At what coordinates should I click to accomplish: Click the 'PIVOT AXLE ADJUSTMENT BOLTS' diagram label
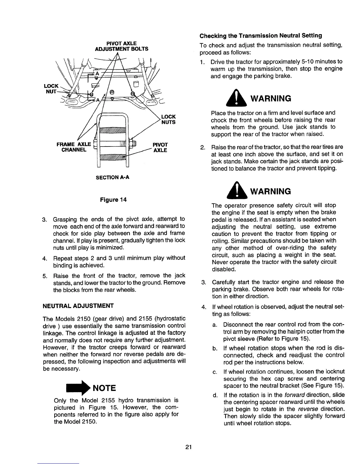point(121,46)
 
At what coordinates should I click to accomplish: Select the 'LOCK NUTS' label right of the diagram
point(169,119)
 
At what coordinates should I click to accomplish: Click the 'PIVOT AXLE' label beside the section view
point(160,147)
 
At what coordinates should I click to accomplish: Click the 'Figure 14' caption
point(114,200)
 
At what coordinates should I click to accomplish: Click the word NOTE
point(104,388)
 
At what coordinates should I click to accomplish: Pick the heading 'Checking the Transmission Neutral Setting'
point(261,36)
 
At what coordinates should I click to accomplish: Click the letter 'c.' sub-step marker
point(214,372)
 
